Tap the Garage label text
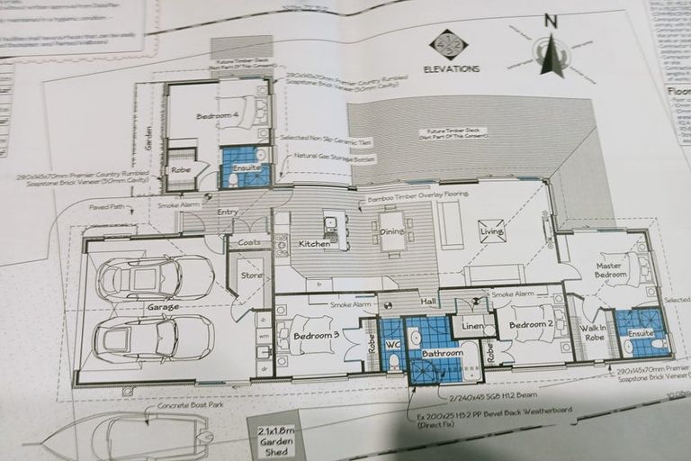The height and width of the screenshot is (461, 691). pyautogui.click(x=163, y=307)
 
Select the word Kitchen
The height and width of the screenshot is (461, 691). pyautogui.click(x=315, y=244)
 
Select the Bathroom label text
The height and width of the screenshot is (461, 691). pyautogui.click(x=443, y=354)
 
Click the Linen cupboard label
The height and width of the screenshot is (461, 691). pyautogui.click(x=471, y=325)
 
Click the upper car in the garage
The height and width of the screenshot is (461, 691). pyautogui.click(x=155, y=279)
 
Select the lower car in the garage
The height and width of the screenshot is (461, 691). pyautogui.click(x=153, y=339)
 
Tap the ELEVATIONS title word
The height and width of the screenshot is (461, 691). pyautogui.click(x=453, y=68)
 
